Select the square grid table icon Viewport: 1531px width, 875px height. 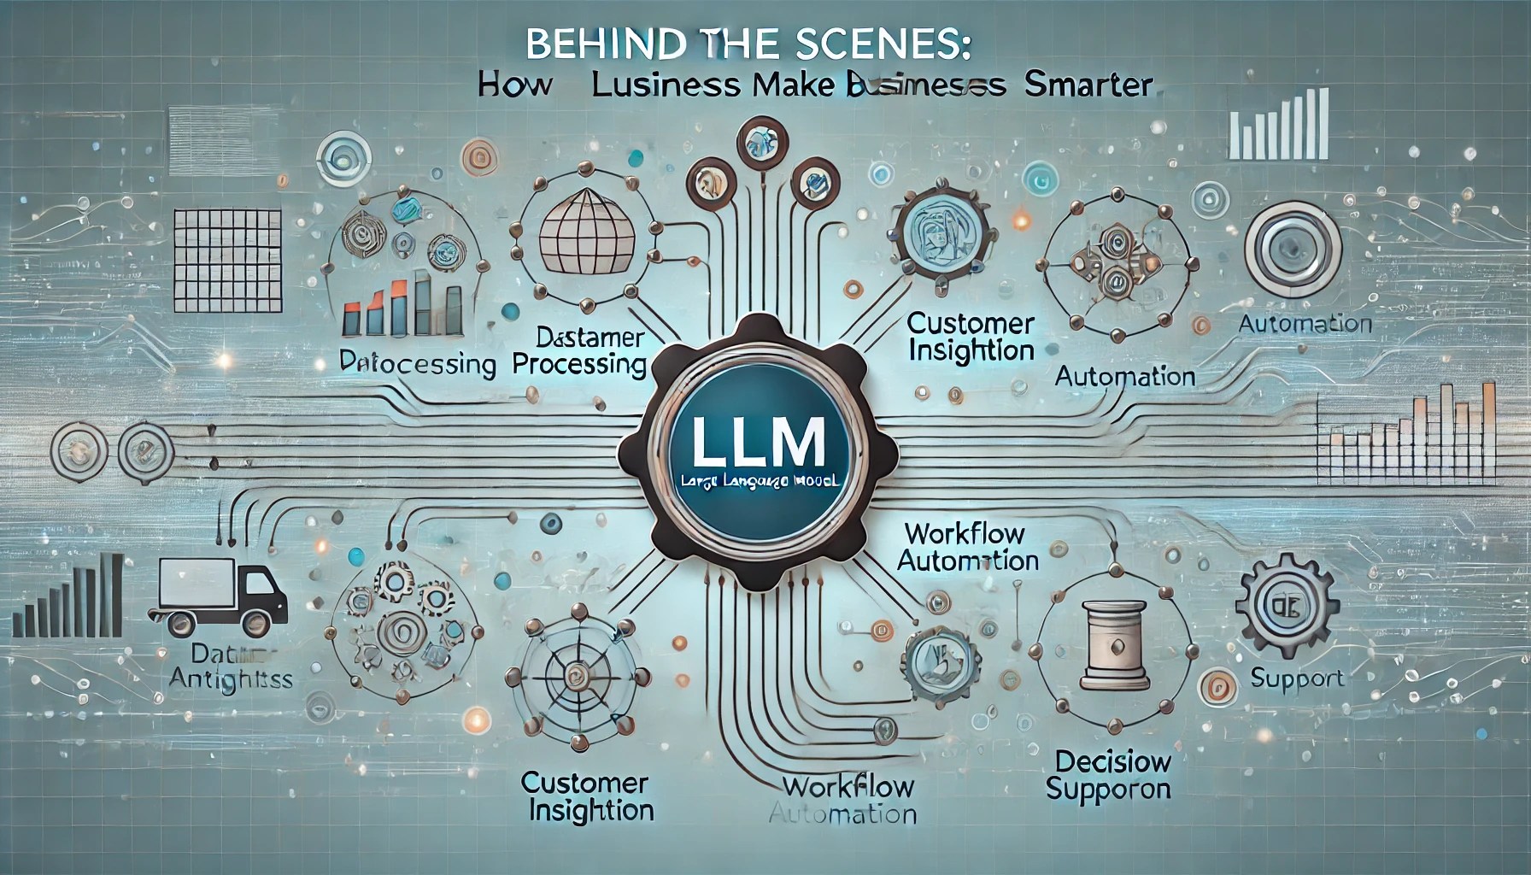pos(226,258)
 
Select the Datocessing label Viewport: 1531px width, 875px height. pos(418,364)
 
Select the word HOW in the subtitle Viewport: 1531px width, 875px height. pos(514,86)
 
